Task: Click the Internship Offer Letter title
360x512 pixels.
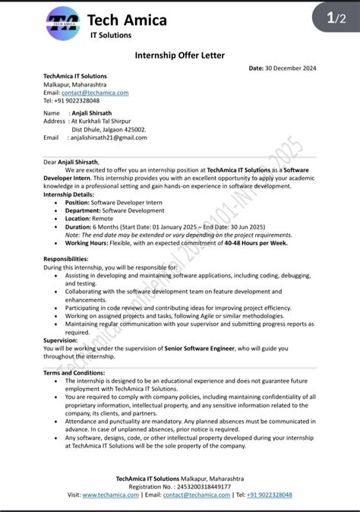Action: pyautogui.click(x=180, y=55)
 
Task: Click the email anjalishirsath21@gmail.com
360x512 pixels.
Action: pyautogui.click(x=109, y=137)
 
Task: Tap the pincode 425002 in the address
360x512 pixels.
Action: pyautogui.click(x=134, y=129)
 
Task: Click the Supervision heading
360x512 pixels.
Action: pyautogui.click(x=61, y=340)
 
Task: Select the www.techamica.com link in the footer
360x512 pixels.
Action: pyautogui.click(x=111, y=495)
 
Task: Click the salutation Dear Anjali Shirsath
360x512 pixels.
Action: pyautogui.click(x=71, y=162)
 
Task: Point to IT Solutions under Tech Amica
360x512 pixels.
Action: pyautogui.click(x=110, y=35)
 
